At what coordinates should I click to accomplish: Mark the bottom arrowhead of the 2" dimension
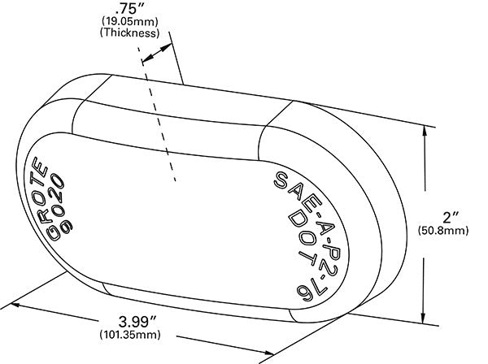pyautogui.click(x=424, y=319)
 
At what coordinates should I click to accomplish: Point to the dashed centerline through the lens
pyautogui.click(x=159, y=114)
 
